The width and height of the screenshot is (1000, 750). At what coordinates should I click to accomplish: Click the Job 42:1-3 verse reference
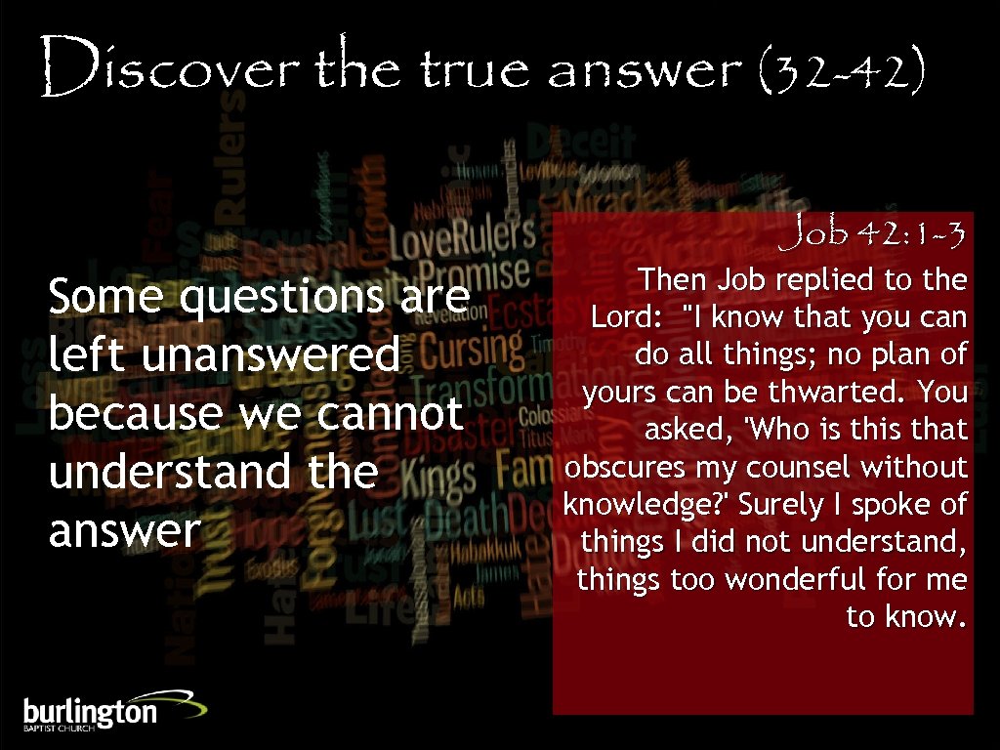coord(879,234)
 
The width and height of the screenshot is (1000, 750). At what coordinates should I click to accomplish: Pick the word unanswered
coord(271,355)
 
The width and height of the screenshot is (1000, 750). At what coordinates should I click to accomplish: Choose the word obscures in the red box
coord(625,468)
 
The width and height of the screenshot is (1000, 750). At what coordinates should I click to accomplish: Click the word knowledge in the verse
coord(645,506)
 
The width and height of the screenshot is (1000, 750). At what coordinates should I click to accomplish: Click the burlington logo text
coord(90,712)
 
